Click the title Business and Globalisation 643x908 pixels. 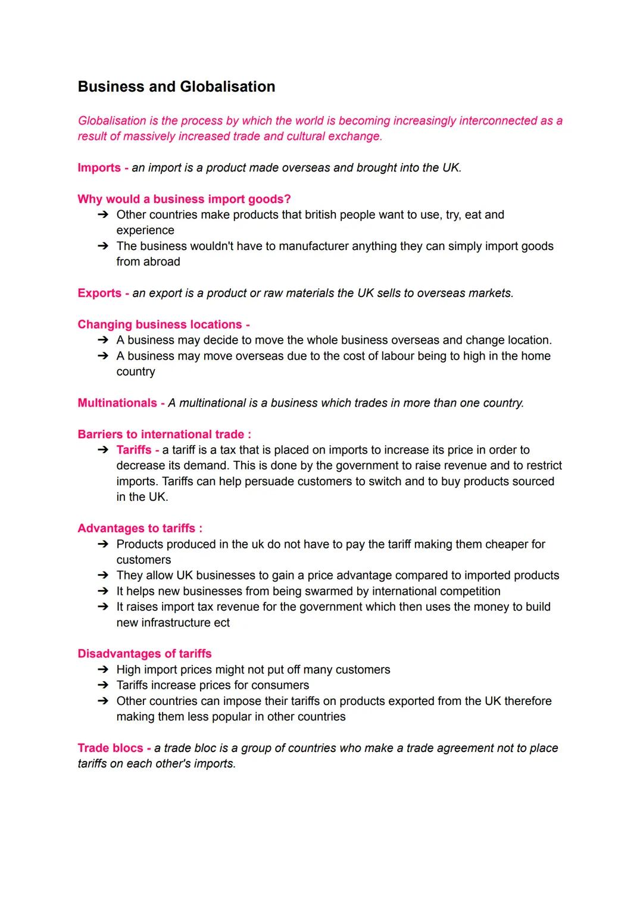pyautogui.click(x=176, y=87)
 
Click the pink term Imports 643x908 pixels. pyautogui.click(x=99, y=168)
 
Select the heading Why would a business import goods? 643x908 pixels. pyautogui.click(x=184, y=199)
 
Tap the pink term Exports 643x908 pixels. pyautogui.click(x=99, y=294)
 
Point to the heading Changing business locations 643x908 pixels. pyautogui.click(x=160, y=325)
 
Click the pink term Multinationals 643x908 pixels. pyautogui.click(x=117, y=403)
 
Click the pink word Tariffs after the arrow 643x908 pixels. pyautogui.click(x=133, y=450)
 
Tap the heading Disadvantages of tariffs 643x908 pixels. pyautogui.click(x=145, y=654)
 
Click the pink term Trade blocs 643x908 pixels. pyautogui.click(x=110, y=748)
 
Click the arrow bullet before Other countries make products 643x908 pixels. pyautogui.click(x=103, y=215)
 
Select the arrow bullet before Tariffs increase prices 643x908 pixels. pyautogui.click(x=103, y=685)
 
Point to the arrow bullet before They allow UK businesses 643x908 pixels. pyautogui.click(x=103, y=576)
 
